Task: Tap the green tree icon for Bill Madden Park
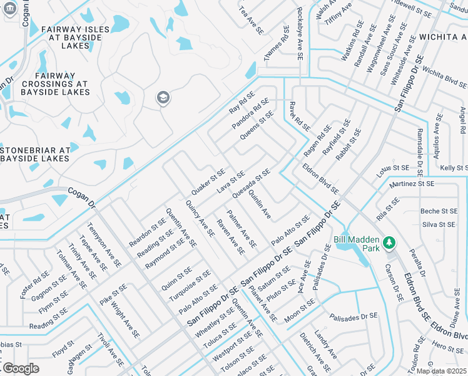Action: pyautogui.click(x=389, y=242)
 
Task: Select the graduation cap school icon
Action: pyautogui.click(x=163, y=97)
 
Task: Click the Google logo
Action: pyautogui.click(x=20, y=368)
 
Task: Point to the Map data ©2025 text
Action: pyautogui.click(x=442, y=371)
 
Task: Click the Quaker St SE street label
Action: pyautogui.click(x=208, y=182)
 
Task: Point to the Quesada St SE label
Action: pyautogui.click(x=251, y=182)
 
